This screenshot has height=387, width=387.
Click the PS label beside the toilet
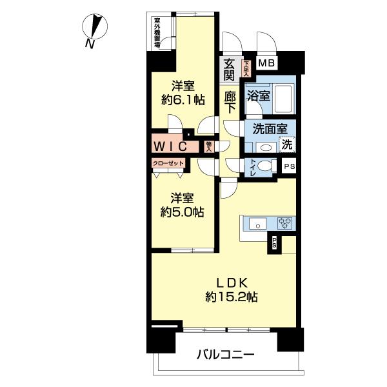point(289,166)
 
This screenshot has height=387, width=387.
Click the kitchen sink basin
point(256,225)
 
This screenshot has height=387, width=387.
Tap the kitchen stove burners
point(284,225)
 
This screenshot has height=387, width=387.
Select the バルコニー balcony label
point(225,354)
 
